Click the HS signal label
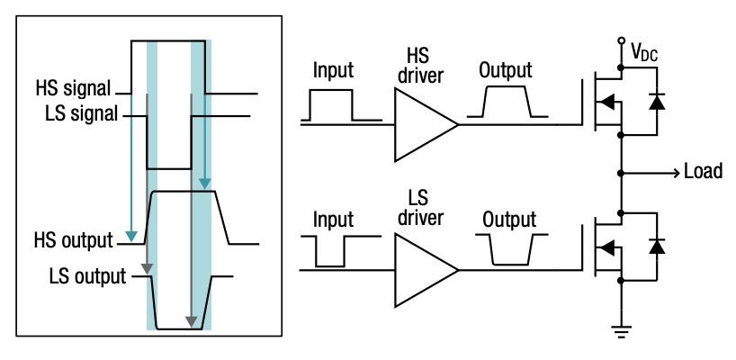[73, 90]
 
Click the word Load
[703, 171]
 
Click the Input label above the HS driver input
[332, 71]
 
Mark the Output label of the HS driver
[506, 71]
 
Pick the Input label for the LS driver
[332, 219]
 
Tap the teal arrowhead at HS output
[132, 237]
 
